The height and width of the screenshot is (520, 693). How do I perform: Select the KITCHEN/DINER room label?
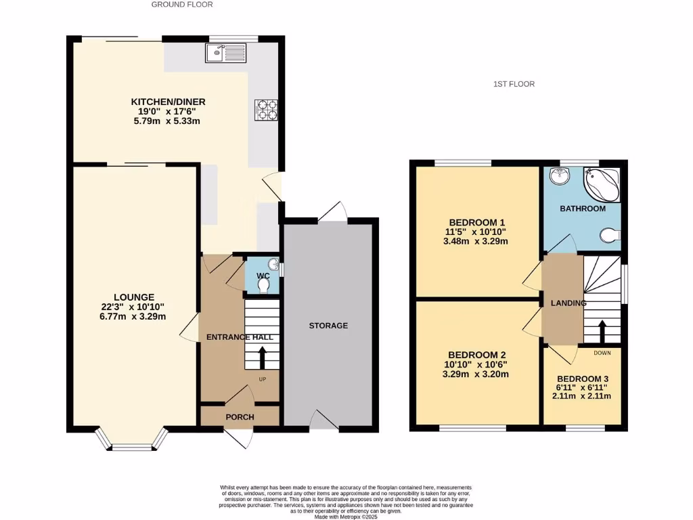click(168, 102)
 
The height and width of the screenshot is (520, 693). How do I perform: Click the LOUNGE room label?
click(134, 297)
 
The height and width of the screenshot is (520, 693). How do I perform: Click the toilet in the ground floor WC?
click(264, 286)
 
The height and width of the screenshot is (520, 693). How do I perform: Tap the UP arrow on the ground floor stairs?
click(262, 357)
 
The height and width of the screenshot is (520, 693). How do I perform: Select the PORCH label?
click(240, 417)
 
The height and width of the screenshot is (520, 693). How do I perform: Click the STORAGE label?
click(328, 326)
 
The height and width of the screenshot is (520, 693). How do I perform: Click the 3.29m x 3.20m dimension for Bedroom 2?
click(474, 374)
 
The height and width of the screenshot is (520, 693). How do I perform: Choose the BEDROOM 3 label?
click(583, 378)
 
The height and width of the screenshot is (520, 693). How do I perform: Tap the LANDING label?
click(568, 303)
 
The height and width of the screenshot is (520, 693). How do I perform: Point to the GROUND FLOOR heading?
click(181, 4)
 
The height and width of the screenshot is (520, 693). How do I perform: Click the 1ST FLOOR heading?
click(514, 84)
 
